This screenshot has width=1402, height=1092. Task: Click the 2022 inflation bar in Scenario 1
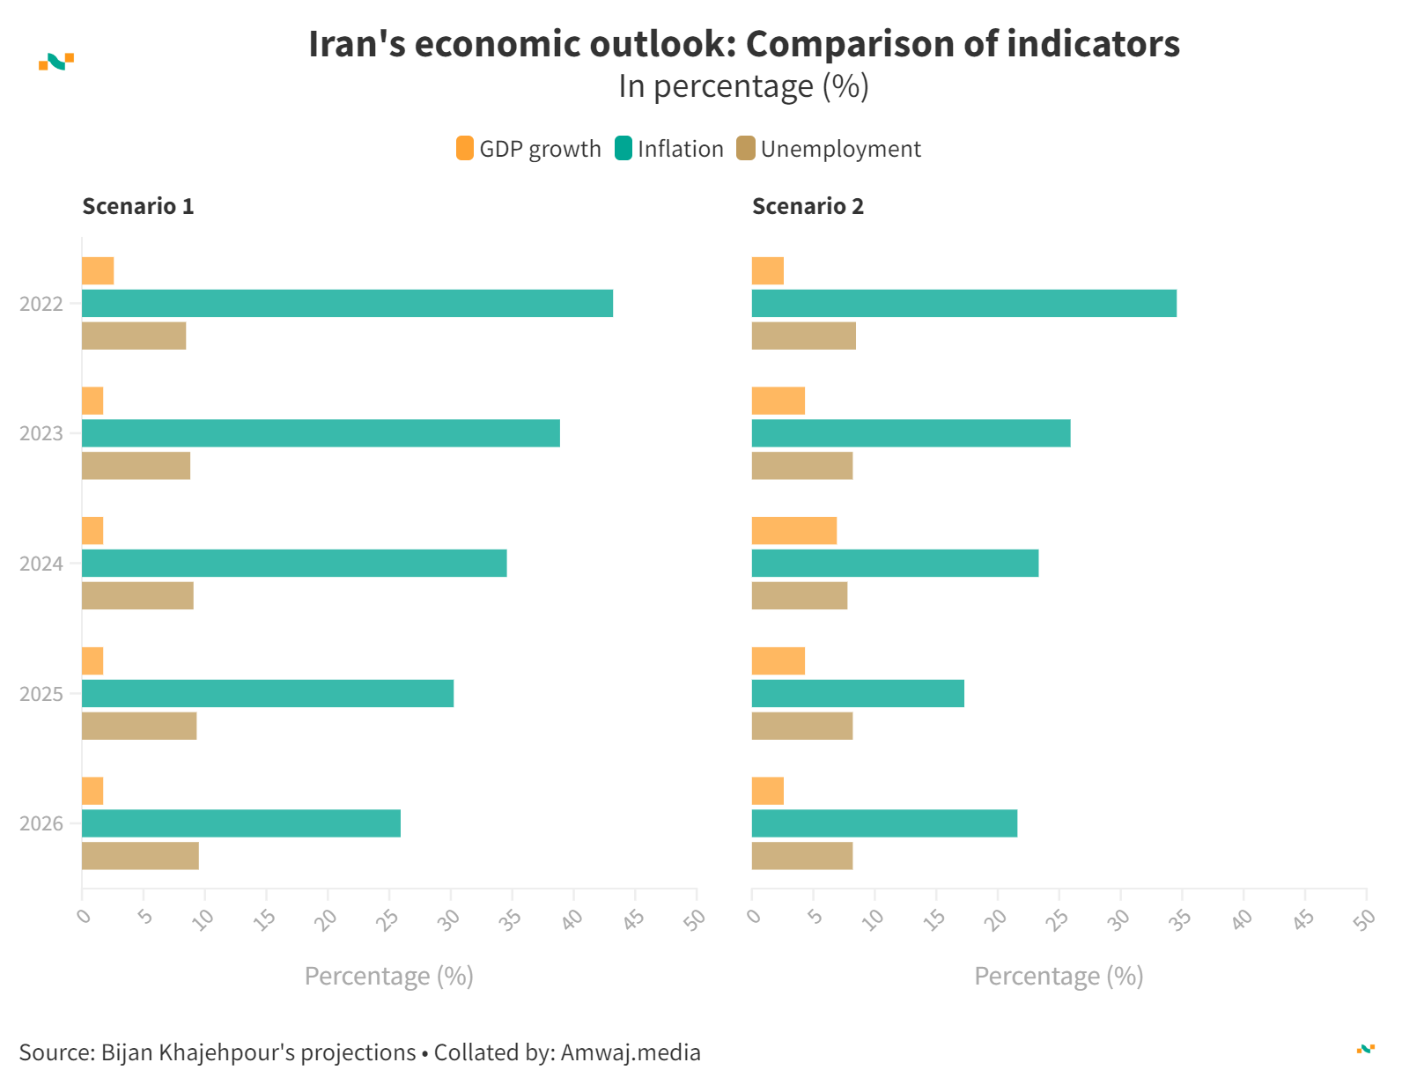(x=347, y=304)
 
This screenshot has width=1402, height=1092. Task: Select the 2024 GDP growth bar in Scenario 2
(x=793, y=531)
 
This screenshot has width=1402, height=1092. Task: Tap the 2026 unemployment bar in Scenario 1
(x=140, y=856)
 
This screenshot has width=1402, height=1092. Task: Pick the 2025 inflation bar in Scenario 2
(x=858, y=694)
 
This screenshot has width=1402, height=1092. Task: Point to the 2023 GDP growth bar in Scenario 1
(x=92, y=401)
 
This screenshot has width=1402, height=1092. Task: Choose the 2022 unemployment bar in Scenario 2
(x=803, y=336)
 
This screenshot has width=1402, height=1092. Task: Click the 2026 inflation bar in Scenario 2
(x=884, y=823)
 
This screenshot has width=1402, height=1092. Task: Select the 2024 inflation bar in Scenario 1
(x=294, y=564)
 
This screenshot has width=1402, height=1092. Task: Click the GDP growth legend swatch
(x=465, y=149)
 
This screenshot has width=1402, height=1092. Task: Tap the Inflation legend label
(x=680, y=149)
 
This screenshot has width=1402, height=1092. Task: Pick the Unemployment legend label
(x=840, y=149)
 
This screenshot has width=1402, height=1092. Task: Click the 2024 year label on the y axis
(x=41, y=564)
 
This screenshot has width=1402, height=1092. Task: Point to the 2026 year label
(x=41, y=823)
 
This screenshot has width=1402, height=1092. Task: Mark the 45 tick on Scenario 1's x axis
(x=634, y=919)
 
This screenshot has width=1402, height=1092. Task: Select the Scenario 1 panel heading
(x=138, y=206)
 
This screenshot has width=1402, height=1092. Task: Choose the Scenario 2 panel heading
(x=808, y=206)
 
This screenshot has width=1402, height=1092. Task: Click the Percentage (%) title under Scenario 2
(x=1059, y=976)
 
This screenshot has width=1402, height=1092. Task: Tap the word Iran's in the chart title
(x=357, y=44)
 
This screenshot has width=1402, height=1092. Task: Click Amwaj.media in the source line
(x=631, y=1052)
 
